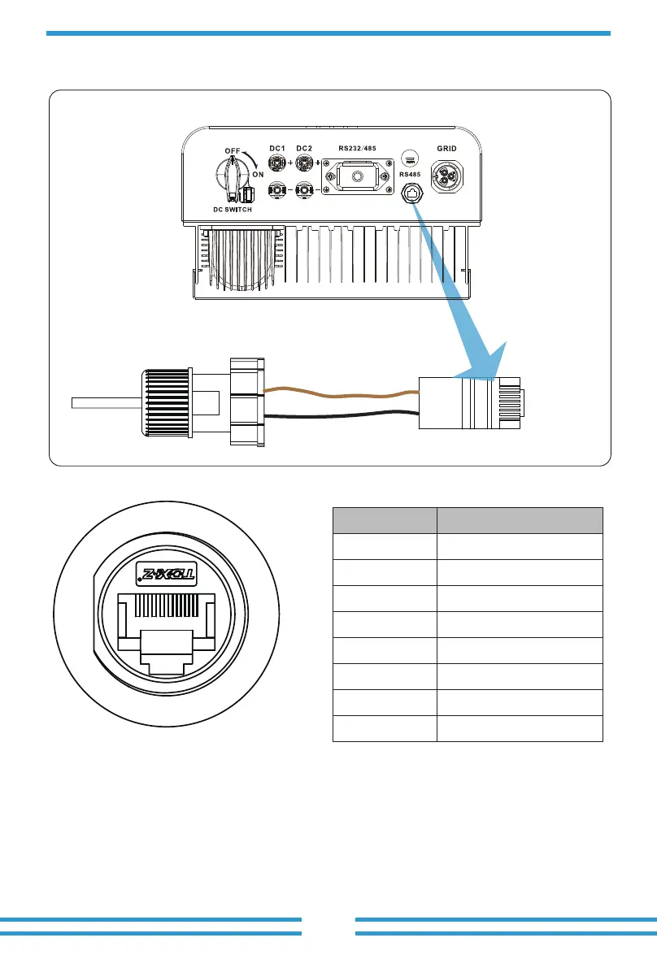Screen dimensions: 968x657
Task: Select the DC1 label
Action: pos(277,148)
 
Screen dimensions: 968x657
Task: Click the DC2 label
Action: pos(305,148)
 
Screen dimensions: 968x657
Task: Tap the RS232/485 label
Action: pos(362,148)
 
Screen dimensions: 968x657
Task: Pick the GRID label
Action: pos(447,149)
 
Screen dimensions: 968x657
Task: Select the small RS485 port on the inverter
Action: pos(412,193)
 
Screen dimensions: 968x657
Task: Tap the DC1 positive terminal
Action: pos(277,163)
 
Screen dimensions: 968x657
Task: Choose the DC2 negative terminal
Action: pos(305,191)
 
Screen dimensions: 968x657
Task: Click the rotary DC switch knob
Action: pos(226,174)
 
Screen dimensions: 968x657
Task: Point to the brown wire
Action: pos(342,395)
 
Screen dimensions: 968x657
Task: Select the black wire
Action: pos(342,415)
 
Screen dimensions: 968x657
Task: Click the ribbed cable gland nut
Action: pos(166,402)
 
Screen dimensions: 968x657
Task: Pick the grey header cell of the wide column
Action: pos(520,520)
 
